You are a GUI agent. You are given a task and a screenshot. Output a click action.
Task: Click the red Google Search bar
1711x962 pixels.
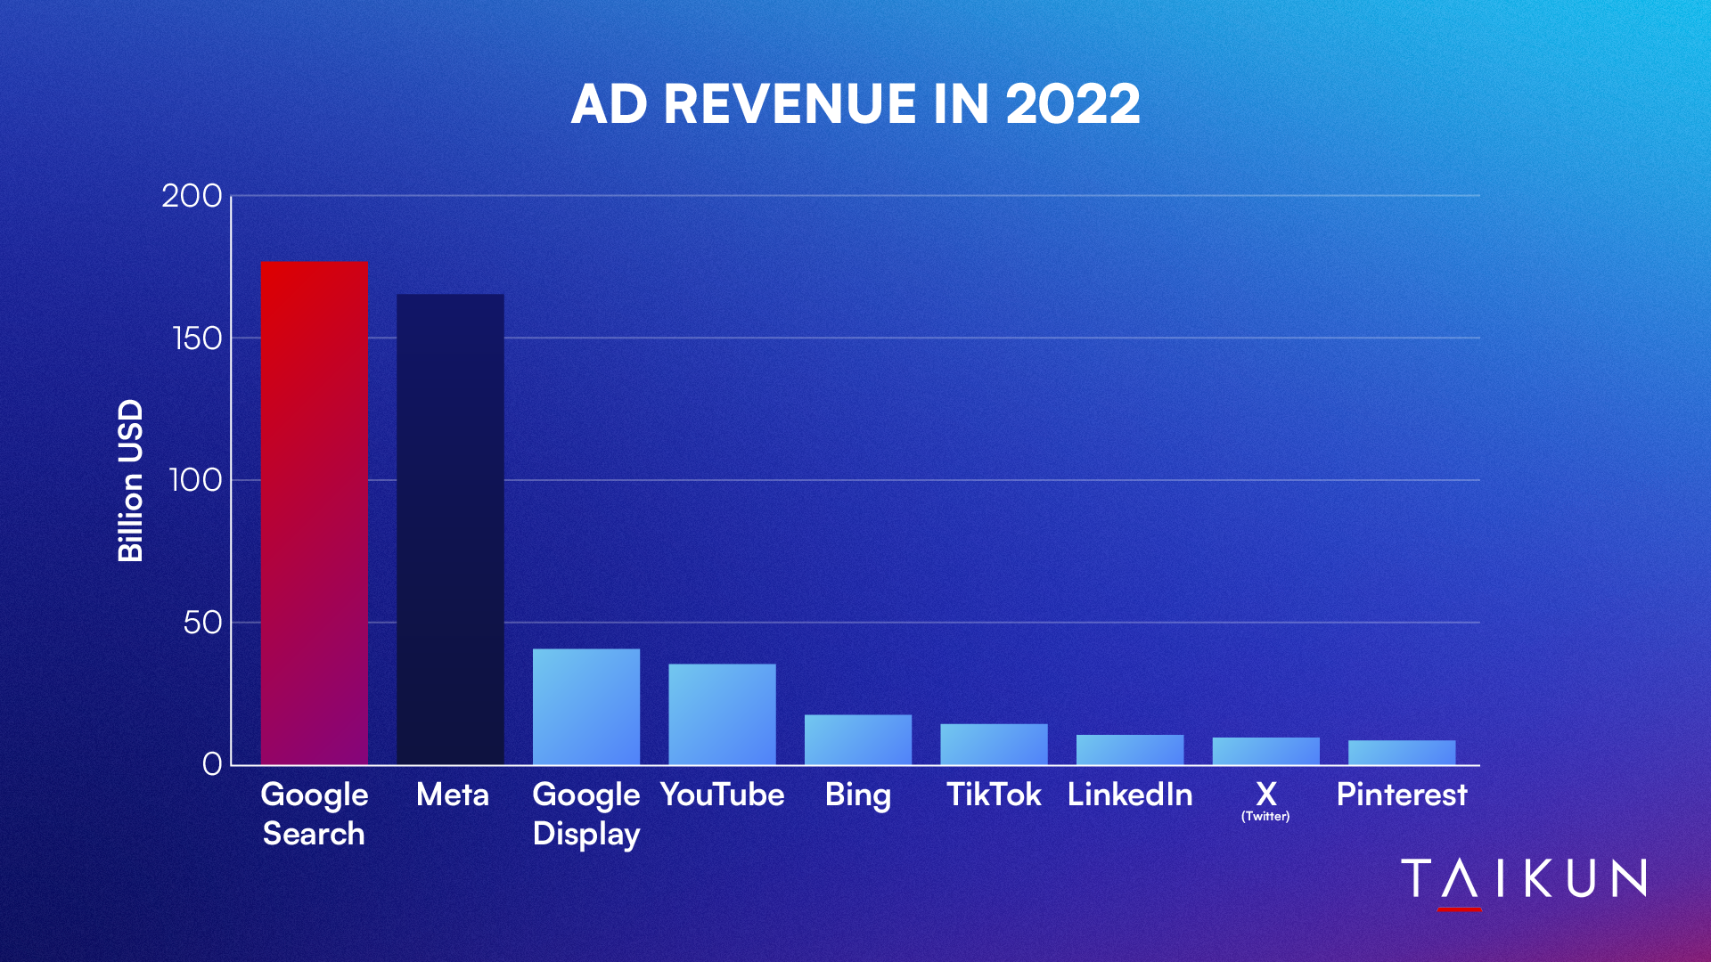(315, 512)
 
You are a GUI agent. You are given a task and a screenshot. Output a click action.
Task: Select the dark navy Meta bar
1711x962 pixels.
(450, 529)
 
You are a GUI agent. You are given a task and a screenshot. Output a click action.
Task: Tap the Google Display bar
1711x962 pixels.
(586, 706)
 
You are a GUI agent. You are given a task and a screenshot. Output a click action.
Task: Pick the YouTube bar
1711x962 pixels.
(722, 713)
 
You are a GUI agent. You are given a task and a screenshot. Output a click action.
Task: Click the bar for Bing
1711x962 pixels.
(858, 739)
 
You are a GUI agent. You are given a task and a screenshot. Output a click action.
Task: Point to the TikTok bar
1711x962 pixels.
(994, 744)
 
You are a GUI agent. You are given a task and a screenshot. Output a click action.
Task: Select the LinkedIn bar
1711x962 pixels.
(1130, 749)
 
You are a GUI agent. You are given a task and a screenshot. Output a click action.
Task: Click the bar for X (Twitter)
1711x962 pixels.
(1265, 751)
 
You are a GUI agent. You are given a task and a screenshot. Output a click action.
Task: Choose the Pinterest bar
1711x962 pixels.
(1402, 752)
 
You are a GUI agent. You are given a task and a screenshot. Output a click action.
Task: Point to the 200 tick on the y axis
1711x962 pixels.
(192, 196)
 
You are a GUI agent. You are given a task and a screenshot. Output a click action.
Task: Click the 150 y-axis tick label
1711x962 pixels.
(196, 338)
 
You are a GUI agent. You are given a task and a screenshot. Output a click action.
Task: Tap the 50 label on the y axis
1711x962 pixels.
(202, 623)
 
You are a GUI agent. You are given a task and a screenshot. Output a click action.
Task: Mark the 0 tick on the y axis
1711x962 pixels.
(212, 764)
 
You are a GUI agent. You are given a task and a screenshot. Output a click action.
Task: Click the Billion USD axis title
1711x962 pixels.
(131, 480)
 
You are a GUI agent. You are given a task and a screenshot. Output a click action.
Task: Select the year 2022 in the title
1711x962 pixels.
(1073, 104)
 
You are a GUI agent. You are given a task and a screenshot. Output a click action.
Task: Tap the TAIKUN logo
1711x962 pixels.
(1524, 880)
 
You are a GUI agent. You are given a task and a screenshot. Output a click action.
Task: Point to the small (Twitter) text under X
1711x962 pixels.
(1265, 816)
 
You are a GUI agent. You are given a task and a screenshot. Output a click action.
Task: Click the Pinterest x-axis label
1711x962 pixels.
(1402, 794)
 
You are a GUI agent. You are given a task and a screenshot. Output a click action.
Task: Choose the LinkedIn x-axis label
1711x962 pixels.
(1130, 794)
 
